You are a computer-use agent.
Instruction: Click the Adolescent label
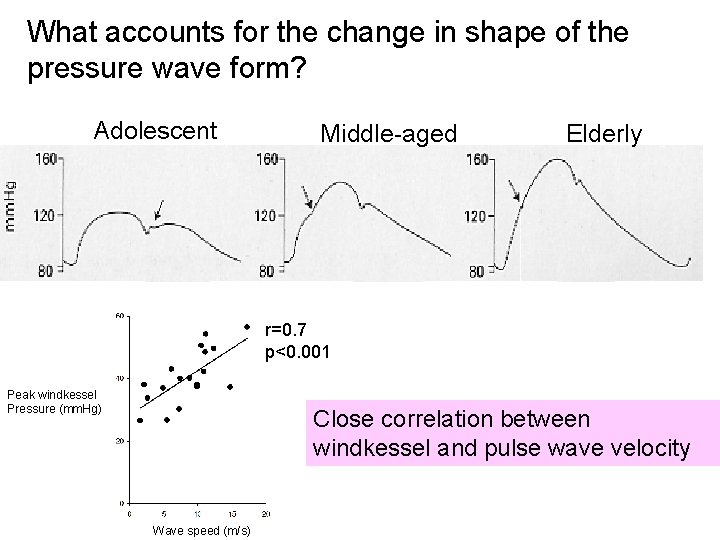pyautogui.click(x=154, y=130)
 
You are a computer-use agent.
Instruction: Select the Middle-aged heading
pyautogui.click(x=387, y=133)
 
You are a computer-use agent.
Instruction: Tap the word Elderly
pyautogui.click(x=603, y=134)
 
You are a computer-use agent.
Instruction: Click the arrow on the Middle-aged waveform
pyautogui.click(x=305, y=196)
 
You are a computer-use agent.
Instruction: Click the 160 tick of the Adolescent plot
pyautogui.click(x=46, y=158)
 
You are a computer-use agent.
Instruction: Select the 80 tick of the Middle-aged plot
pyautogui.click(x=267, y=271)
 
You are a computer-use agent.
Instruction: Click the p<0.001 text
pyautogui.click(x=297, y=352)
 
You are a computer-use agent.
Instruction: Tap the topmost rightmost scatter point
pyautogui.click(x=247, y=327)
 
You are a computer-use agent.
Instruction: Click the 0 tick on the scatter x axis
pyautogui.click(x=129, y=514)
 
